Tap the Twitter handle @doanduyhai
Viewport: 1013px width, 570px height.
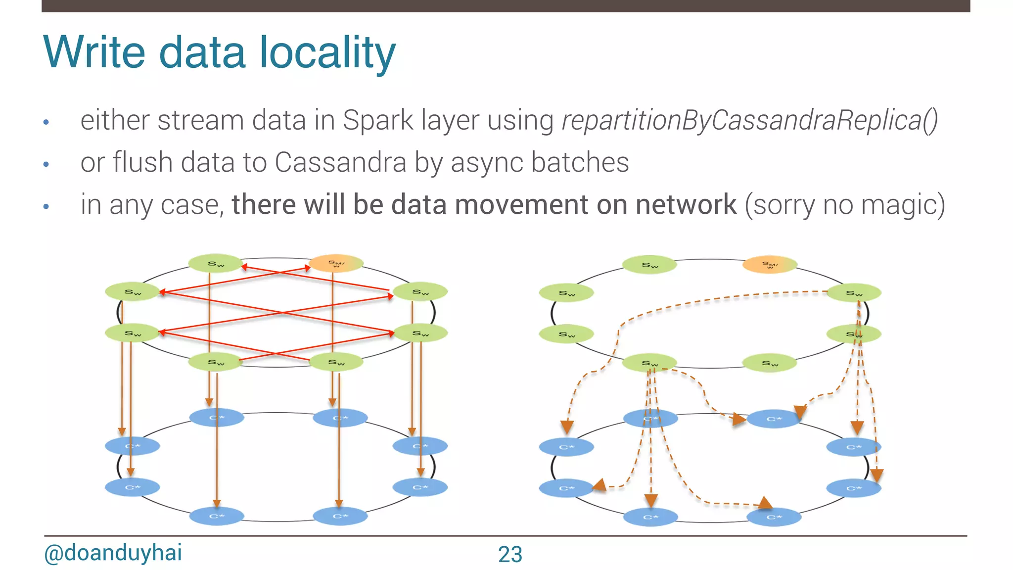pos(113,553)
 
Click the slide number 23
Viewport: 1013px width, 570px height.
pos(510,554)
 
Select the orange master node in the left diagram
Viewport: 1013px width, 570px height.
pos(336,264)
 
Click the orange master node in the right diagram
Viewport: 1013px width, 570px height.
pos(770,265)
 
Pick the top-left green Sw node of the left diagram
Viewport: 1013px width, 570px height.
pos(216,264)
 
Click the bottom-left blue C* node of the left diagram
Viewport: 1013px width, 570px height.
pos(216,516)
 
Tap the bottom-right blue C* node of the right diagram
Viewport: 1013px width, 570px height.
pos(773,517)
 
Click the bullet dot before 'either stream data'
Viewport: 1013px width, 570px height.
pos(46,122)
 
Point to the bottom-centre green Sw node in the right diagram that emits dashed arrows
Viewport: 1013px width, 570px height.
pos(649,363)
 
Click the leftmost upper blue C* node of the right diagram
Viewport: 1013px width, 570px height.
pos(566,447)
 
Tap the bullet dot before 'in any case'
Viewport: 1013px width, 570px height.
pos(46,206)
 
